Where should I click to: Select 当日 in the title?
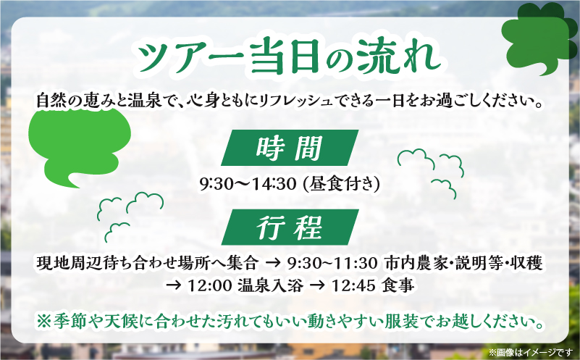[x=276, y=57]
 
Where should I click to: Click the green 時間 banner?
[x=287, y=149]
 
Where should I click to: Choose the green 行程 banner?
[x=288, y=229]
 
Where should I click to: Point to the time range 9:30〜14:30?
[x=246, y=185]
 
